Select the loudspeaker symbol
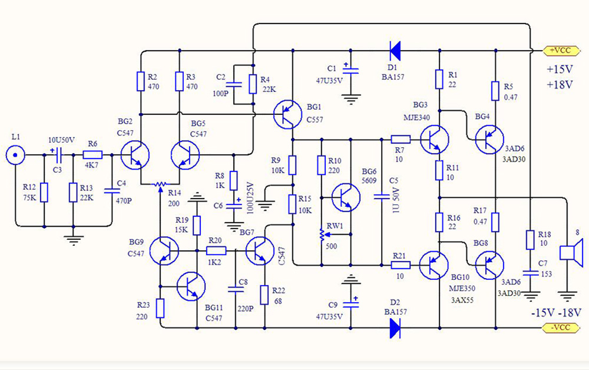tap(569, 252)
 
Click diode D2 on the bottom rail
tap(395, 327)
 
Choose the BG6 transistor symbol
tap(346, 197)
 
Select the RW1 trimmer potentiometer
tap(322, 234)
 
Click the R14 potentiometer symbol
tap(162, 184)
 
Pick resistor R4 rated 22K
tap(253, 83)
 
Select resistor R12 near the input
tap(44, 192)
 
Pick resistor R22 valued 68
tap(264, 295)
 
